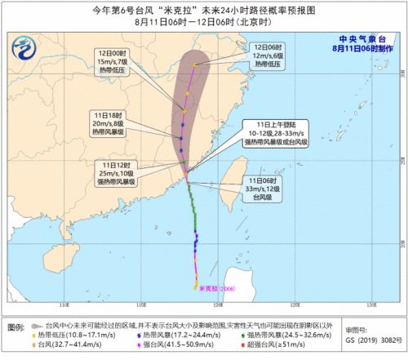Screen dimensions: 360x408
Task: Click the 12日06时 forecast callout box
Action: point(270,56)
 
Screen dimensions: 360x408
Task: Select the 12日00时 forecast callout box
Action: point(109,61)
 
